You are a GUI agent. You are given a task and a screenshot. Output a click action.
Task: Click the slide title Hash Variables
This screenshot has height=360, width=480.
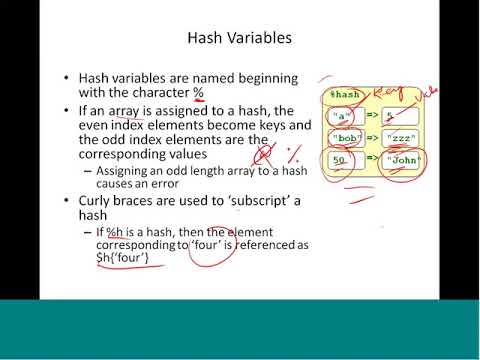(x=239, y=39)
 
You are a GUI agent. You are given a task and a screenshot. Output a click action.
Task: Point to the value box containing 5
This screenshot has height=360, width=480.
(x=396, y=116)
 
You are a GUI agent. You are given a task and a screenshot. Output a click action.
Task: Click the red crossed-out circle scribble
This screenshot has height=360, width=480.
(x=266, y=154)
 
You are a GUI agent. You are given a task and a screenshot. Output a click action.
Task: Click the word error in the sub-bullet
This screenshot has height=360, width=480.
(x=173, y=185)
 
